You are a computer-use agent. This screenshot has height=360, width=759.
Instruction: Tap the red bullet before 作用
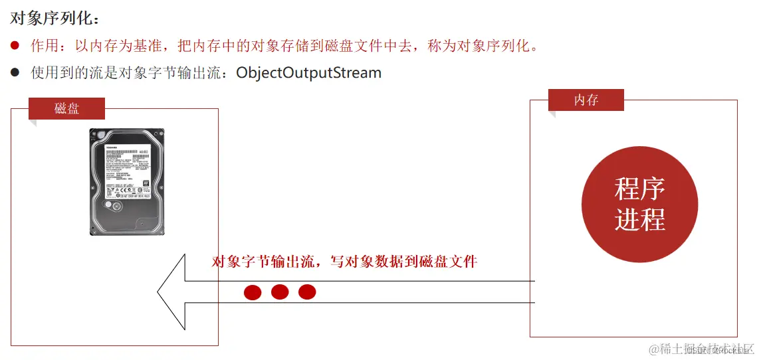pyautogui.click(x=15, y=46)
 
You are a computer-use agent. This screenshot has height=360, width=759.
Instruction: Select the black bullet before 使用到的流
pyautogui.click(x=15, y=72)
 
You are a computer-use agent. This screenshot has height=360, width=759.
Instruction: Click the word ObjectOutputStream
pyautogui.click(x=309, y=72)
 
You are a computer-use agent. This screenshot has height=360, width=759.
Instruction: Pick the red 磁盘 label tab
pyautogui.click(x=66, y=108)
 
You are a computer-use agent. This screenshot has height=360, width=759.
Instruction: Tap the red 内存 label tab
pyautogui.click(x=586, y=100)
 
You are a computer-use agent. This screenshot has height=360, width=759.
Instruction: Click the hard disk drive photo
pyautogui.click(x=126, y=181)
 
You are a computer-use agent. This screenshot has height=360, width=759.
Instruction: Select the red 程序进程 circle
pyautogui.click(x=639, y=204)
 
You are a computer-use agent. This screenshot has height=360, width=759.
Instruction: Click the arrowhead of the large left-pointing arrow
pyautogui.click(x=172, y=292)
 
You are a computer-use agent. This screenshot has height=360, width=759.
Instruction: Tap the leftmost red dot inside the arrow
pyautogui.click(x=253, y=292)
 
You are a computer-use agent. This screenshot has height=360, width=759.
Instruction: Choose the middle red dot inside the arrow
pyautogui.click(x=280, y=292)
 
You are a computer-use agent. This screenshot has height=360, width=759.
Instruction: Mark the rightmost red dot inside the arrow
pyautogui.click(x=307, y=292)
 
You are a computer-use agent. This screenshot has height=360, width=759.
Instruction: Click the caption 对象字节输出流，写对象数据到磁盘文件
pyautogui.click(x=344, y=261)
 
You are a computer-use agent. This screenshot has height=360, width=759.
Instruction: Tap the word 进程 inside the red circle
pyautogui.click(x=639, y=219)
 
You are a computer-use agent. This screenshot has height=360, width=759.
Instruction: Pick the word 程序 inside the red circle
pyautogui.click(x=639, y=189)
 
